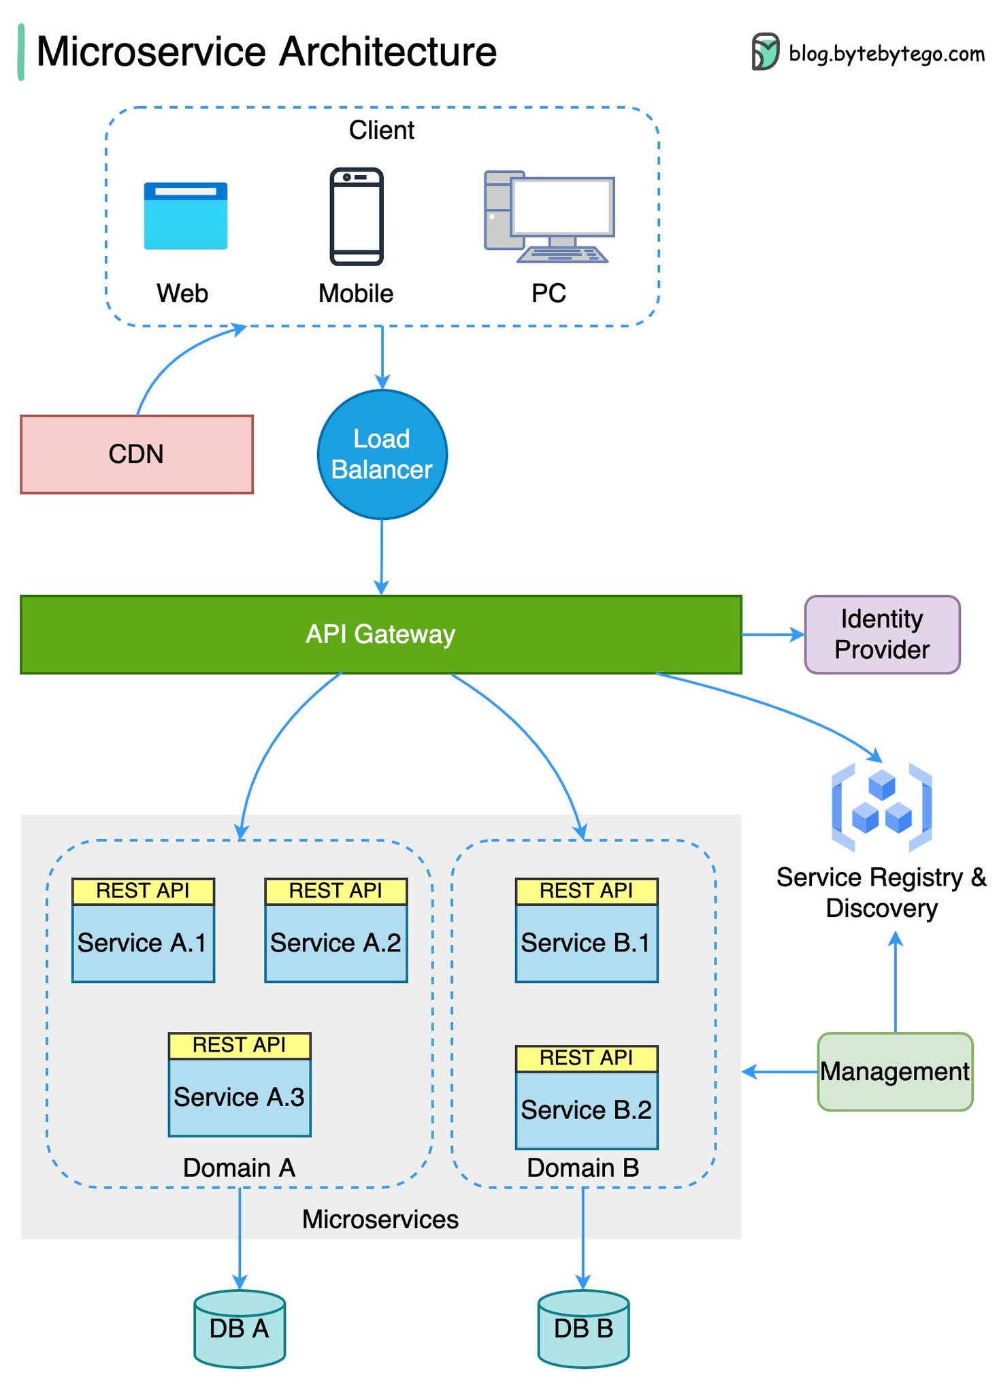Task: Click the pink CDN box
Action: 136,454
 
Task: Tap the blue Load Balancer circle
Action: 382,454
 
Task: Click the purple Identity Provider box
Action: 881,634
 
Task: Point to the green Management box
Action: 894,1071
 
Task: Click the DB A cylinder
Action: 239,1329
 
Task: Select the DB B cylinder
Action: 583,1329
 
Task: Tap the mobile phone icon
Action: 357,216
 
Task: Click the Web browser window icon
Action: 185,216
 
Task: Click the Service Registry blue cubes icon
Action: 881,807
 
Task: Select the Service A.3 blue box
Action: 239,1097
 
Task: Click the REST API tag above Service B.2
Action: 586,1058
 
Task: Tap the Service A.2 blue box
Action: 335,943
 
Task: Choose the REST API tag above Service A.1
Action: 143,890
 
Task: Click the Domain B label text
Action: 583,1168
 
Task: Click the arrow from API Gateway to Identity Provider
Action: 772,634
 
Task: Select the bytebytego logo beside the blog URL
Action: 765,52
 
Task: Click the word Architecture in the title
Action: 388,52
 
